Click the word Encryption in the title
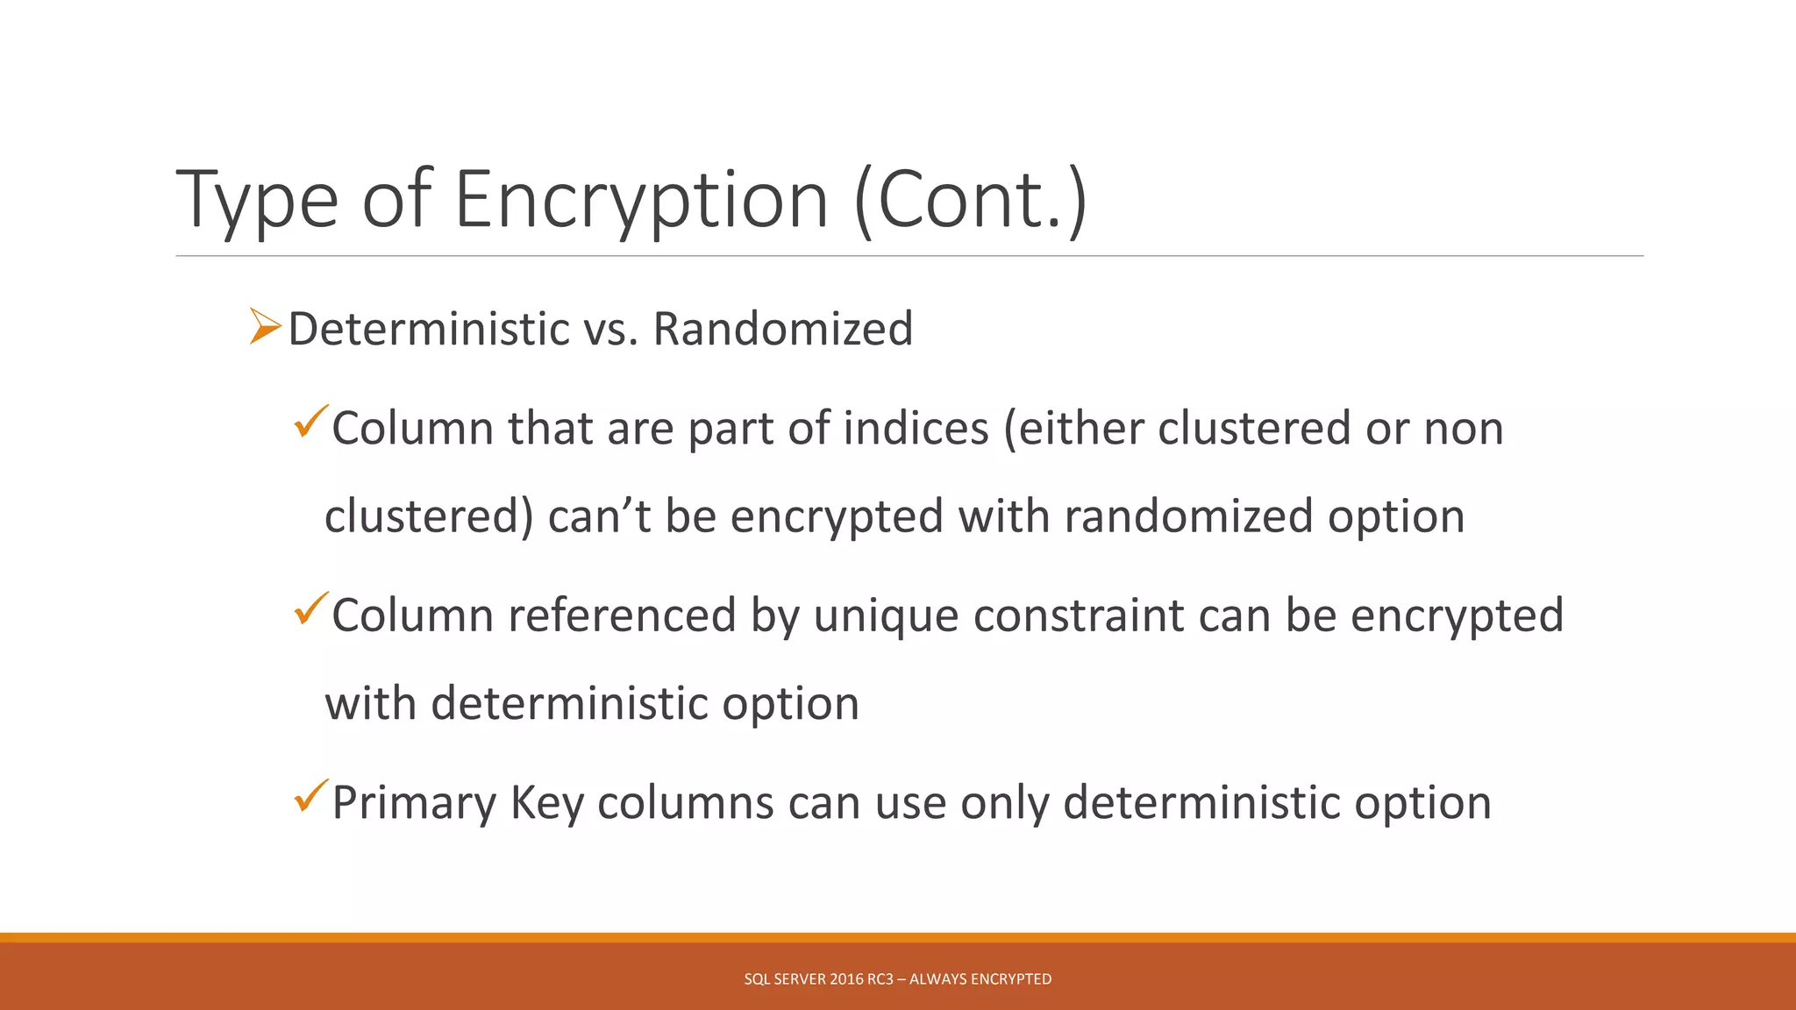pyautogui.click(x=641, y=200)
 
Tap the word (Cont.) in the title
pyautogui.click(x=971, y=200)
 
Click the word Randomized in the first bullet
pyautogui.click(x=783, y=330)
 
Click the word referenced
pyautogui.click(x=622, y=615)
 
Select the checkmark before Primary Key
pyautogui.click(x=310, y=795)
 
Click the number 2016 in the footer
pyautogui.click(x=846, y=979)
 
